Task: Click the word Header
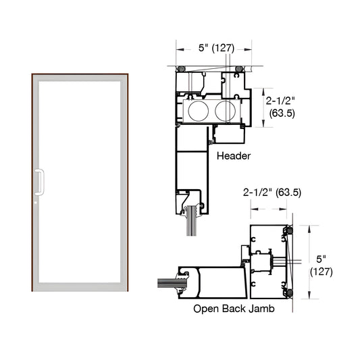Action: (x=234, y=155)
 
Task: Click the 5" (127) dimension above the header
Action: (x=213, y=48)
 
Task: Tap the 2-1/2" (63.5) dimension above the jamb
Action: (x=272, y=192)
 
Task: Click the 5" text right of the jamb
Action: (x=319, y=258)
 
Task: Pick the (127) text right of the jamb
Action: (x=320, y=272)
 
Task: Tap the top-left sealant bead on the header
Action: (x=181, y=69)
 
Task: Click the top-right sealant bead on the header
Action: (x=239, y=69)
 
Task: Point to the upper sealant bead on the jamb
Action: (x=290, y=232)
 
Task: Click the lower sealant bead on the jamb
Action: (x=290, y=293)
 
